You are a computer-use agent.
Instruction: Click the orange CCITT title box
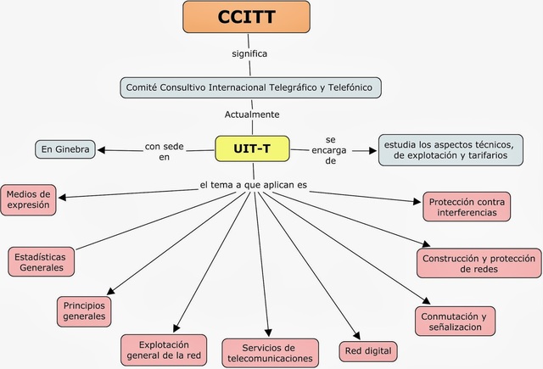click(245, 17)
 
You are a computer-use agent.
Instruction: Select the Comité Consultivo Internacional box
click(251, 87)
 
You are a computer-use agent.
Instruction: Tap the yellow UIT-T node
click(251, 148)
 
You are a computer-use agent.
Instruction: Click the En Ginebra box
click(64, 149)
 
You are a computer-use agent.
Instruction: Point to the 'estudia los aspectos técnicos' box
click(451, 149)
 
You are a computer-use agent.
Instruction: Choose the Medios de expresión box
click(29, 198)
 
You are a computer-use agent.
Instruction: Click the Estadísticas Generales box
click(40, 261)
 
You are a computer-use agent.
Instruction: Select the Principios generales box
click(85, 310)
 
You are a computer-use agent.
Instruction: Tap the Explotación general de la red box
click(163, 349)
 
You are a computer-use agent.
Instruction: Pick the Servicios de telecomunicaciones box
click(270, 353)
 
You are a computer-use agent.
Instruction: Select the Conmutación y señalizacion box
click(455, 321)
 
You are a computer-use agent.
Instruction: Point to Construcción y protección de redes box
click(479, 263)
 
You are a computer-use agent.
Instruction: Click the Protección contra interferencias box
click(467, 206)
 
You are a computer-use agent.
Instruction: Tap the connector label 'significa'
click(249, 53)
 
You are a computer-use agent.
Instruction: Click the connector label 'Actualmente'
click(252, 114)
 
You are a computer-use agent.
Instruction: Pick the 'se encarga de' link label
click(331, 149)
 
